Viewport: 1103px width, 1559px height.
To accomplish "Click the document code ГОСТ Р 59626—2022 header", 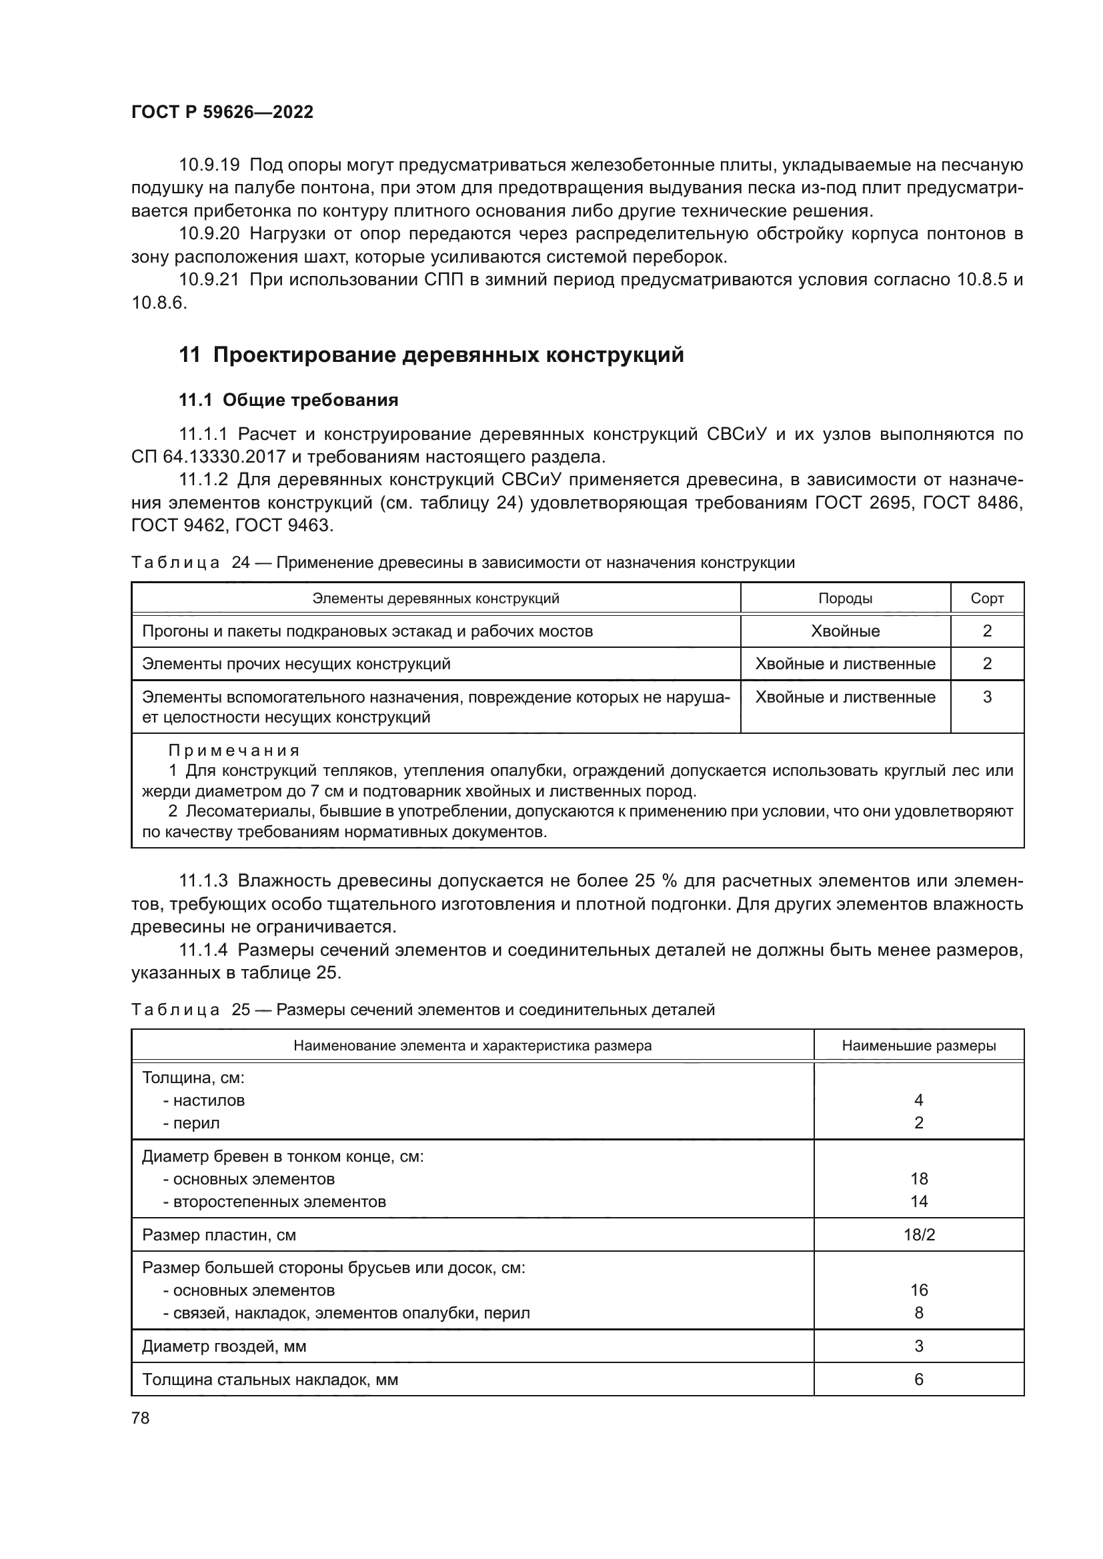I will (222, 112).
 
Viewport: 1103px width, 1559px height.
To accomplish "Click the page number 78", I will (141, 1417).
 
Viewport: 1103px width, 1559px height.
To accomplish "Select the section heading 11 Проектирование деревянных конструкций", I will (431, 355).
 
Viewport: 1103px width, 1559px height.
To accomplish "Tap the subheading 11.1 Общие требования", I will (288, 400).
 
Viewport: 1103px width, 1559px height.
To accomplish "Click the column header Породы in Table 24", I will (845, 598).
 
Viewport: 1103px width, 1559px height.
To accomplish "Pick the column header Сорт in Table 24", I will (987, 598).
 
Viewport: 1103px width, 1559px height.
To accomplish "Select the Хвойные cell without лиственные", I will (845, 631).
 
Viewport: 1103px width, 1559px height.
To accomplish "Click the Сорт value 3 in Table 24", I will (987, 697).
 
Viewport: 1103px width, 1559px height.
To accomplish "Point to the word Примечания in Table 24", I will (233, 751).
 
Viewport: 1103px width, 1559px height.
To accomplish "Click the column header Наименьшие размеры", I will (918, 1045).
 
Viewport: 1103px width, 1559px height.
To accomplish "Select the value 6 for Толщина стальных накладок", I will (918, 1379).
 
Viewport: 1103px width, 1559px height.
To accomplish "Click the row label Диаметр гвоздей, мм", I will (224, 1346).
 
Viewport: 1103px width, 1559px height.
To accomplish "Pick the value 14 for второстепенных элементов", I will (918, 1201).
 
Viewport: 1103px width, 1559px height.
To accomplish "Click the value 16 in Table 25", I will (918, 1290).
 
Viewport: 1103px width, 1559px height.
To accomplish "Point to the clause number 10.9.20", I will (209, 233).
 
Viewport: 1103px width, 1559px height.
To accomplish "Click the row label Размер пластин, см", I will (219, 1234).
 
